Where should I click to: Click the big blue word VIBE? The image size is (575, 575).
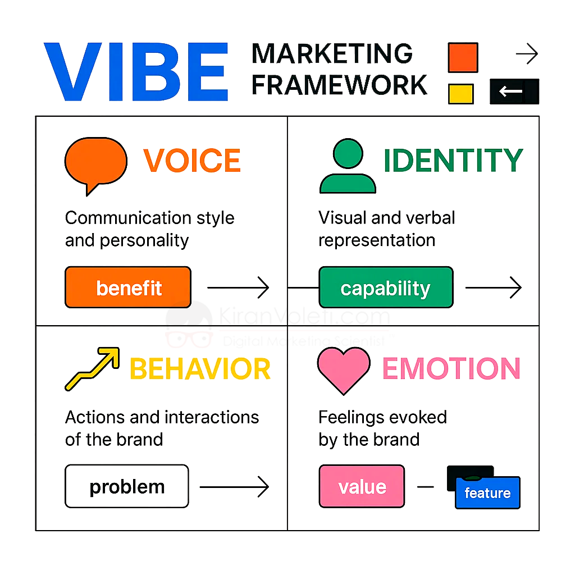[136, 71]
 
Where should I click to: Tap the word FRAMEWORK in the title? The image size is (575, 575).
[339, 85]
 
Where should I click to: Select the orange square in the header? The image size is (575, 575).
[463, 58]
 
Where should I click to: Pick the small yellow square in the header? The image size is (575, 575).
[460, 94]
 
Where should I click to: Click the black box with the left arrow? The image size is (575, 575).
[514, 92]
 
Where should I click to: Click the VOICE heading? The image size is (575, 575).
[192, 161]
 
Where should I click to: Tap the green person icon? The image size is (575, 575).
[348, 166]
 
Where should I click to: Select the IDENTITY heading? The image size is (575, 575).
[453, 160]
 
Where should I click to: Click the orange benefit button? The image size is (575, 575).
[128, 287]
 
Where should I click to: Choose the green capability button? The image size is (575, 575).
[386, 287]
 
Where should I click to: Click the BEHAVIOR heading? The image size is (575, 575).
[200, 369]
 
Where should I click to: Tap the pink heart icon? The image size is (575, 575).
[344, 371]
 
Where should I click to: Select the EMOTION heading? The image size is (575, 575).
[451, 368]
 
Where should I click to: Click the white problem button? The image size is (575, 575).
[127, 486]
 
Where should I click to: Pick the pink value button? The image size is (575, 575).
[362, 486]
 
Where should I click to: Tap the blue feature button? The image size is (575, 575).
[488, 492]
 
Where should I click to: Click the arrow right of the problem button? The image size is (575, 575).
[234, 487]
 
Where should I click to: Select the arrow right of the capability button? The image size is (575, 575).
[494, 287]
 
